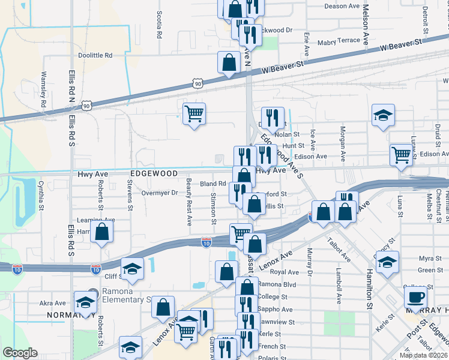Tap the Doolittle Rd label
tap(95, 55)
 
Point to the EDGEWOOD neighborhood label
tap(154, 173)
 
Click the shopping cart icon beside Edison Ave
tap(401, 155)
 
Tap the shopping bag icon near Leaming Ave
tap(102, 232)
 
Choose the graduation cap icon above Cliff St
tap(132, 268)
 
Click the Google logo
tap(20, 353)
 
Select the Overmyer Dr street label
tap(160, 193)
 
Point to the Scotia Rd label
tap(160, 25)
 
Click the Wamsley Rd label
tap(44, 89)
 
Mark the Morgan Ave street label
tap(343, 144)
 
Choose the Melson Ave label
tap(366, 25)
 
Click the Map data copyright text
tap(423, 355)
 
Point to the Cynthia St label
tap(41, 193)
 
